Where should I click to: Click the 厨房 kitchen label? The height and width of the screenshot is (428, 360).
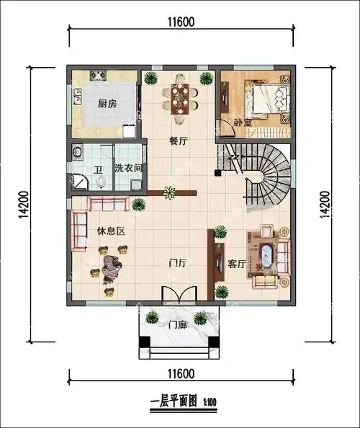click(107, 103)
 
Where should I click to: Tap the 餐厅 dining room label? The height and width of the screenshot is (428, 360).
click(178, 141)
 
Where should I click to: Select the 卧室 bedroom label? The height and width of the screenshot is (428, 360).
click(243, 123)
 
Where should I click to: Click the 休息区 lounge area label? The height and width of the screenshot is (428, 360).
click(112, 231)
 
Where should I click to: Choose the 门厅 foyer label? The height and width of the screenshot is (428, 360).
click(177, 264)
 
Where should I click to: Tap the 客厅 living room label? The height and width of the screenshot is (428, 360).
click(237, 264)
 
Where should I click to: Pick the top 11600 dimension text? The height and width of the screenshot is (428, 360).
click(179, 22)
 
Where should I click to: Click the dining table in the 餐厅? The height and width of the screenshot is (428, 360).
click(179, 96)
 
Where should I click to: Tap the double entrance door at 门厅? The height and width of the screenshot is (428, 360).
click(178, 295)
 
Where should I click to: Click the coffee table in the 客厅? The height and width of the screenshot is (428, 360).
click(267, 256)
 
